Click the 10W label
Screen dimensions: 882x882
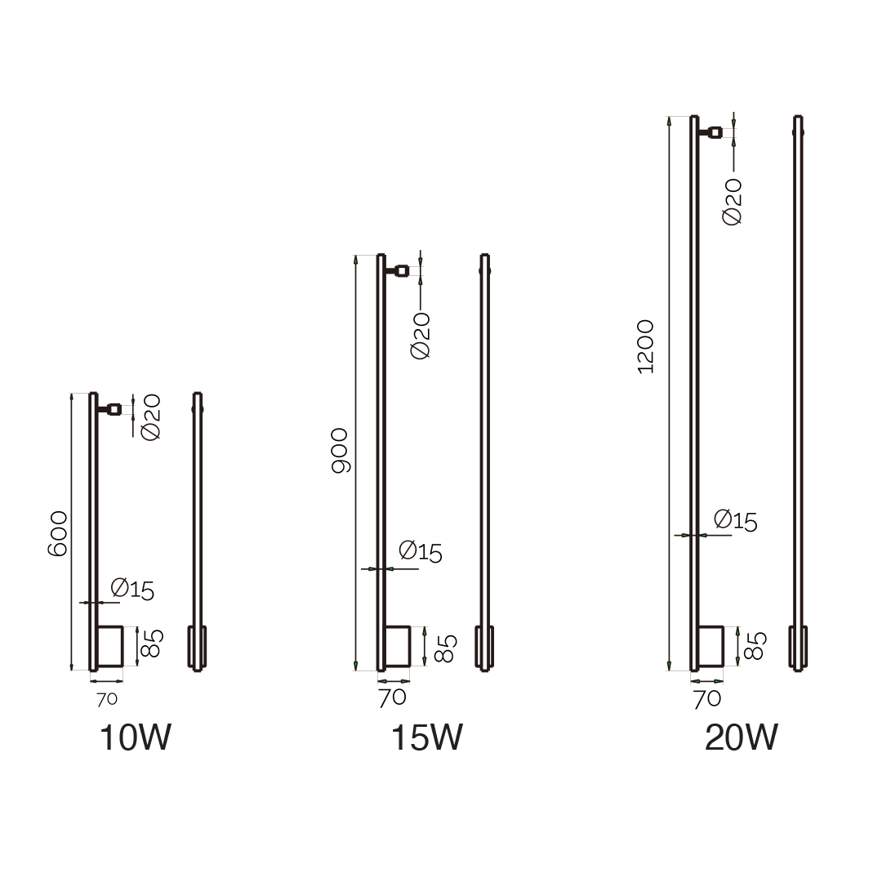pos(135,737)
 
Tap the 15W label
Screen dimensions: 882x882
pos(426,737)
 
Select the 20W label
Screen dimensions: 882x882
pos(741,737)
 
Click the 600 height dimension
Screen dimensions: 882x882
pos(57,534)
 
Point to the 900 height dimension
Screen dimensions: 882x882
pos(340,451)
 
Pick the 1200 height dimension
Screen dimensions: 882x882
pos(645,346)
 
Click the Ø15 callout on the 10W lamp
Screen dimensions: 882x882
pos(132,589)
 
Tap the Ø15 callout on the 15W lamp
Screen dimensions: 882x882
pos(421,552)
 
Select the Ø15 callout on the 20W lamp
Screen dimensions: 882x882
pos(735,520)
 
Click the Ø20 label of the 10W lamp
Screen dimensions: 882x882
pos(151,417)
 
